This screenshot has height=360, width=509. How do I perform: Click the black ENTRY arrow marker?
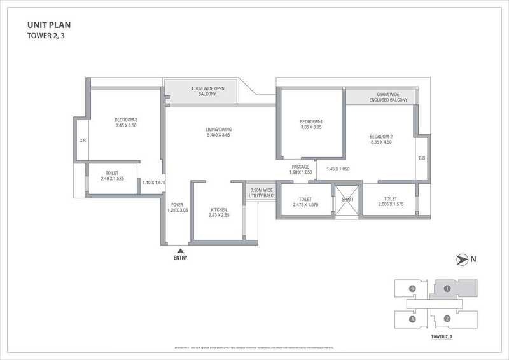pos(179,251)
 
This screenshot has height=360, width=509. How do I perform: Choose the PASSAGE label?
pos(300,167)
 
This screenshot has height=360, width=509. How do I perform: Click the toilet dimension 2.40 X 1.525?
pos(113,179)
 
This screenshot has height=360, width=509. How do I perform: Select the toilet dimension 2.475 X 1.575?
pos(306,204)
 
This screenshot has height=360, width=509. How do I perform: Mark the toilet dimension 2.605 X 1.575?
pos(389,204)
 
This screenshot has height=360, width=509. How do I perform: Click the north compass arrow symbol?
pos(461,258)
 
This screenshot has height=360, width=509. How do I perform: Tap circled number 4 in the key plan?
pos(413,289)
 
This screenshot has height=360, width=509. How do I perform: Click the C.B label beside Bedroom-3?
pos(83,141)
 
